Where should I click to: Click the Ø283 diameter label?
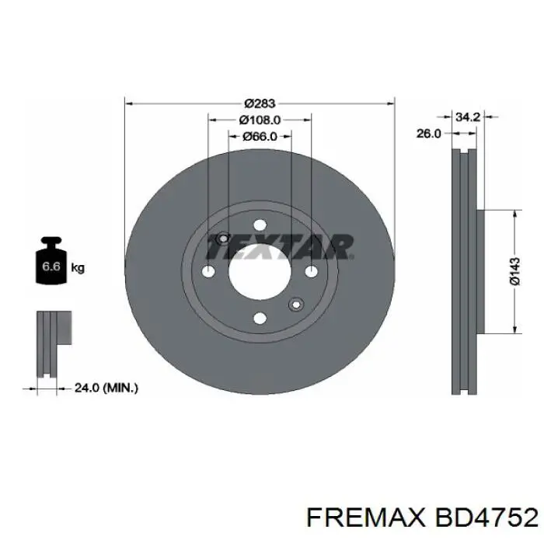pos(260,103)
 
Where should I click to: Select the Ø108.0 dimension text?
pos(260,120)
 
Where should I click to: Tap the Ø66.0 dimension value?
pos(260,136)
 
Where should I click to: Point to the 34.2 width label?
pos(466,117)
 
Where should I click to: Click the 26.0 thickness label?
pos(428,134)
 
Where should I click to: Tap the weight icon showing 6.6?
pos(51,265)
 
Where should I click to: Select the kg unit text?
pos(78,268)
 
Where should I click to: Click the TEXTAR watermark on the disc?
pos(280,246)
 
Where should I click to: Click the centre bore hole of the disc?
pos(260,271)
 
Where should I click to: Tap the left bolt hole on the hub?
pos(208,271)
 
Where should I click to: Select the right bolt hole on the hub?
pos(311,271)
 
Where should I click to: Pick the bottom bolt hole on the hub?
pos(260,317)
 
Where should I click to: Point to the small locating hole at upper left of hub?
pos(223,239)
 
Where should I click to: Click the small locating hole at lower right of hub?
pos(295,303)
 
